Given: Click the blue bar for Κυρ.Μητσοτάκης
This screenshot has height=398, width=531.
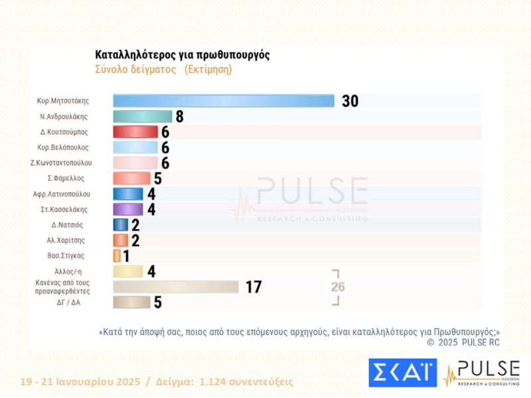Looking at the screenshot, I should pyautogui.click(x=224, y=101).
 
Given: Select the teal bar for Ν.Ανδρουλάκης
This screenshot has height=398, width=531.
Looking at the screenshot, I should pyautogui.click(x=143, y=116).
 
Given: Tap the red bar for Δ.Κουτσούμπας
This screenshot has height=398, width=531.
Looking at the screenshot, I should pyautogui.click(x=135, y=132).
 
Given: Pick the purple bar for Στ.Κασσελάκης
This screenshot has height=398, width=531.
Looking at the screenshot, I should pyautogui.click(x=128, y=210).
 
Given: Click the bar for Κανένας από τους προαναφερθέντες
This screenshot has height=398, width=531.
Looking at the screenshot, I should pyautogui.click(x=176, y=287).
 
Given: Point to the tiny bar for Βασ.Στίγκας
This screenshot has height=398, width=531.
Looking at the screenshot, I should pyautogui.click(x=117, y=256).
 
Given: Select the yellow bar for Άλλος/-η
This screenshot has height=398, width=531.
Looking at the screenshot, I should pyautogui.click(x=128, y=271).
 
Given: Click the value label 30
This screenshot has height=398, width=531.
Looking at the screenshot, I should pyautogui.click(x=350, y=101).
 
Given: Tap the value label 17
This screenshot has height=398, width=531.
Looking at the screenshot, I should pyautogui.click(x=254, y=287).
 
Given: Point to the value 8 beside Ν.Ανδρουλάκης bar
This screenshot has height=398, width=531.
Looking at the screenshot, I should pyautogui.click(x=179, y=117).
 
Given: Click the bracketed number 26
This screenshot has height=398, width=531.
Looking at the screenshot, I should pyautogui.click(x=338, y=287).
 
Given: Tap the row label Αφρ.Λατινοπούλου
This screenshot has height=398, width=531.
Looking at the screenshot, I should pyautogui.click(x=62, y=194).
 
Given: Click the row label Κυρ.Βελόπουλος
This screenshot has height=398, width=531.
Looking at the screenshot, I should pyautogui.click(x=63, y=147).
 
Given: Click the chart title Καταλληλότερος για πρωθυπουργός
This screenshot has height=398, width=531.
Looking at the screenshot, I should pyautogui.click(x=183, y=55).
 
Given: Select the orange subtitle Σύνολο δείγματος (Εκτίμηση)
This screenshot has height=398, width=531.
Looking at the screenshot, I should pyautogui.click(x=163, y=70).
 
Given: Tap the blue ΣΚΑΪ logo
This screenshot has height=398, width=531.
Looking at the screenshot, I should pyautogui.click(x=402, y=373).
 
